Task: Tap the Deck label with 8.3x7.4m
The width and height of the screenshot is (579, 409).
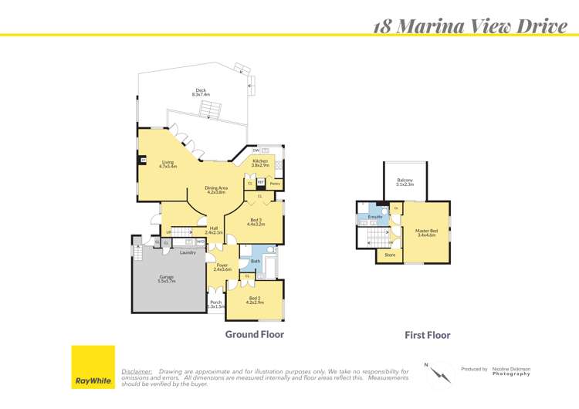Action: tap(201, 92)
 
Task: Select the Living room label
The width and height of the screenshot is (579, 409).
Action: tap(168, 164)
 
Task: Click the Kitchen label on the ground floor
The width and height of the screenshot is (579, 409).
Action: tap(260, 163)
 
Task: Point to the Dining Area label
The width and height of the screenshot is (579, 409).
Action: tap(216, 190)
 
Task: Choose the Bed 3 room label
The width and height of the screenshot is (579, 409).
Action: tap(256, 222)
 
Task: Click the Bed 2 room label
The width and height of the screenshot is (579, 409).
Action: tap(255, 299)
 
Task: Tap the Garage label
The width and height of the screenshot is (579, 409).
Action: tap(167, 279)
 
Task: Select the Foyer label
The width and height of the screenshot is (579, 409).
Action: tap(222, 267)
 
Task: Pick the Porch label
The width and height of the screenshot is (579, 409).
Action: tap(215, 304)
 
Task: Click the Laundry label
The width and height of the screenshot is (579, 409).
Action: tap(187, 252)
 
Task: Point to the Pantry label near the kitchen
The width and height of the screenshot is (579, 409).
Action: tap(275, 184)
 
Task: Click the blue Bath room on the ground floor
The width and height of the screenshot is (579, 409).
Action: tap(256, 262)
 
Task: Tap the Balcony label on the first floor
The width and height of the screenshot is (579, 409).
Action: tap(405, 182)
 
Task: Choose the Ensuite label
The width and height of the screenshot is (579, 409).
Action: tap(375, 217)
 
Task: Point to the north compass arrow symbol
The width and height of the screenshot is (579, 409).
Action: tap(441, 374)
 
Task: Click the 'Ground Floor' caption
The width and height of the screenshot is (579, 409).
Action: tap(254, 334)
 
